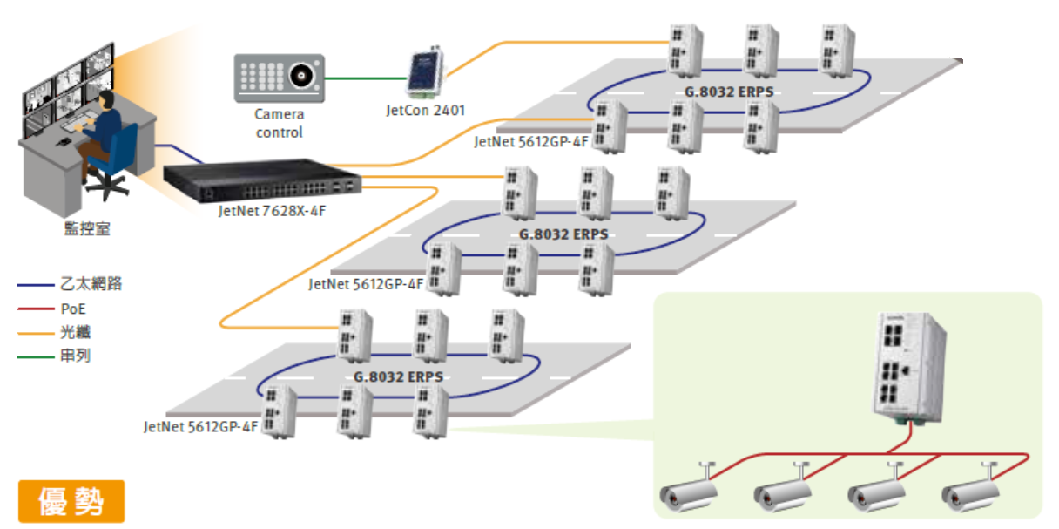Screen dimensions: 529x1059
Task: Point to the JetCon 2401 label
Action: (x=426, y=111)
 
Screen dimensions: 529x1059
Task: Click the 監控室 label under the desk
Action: (x=87, y=229)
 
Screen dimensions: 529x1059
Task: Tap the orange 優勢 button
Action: (x=71, y=501)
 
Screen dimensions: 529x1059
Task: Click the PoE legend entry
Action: (x=74, y=309)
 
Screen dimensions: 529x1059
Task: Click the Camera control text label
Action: (x=279, y=123)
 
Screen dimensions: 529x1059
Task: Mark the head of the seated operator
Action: (x=105, y=98)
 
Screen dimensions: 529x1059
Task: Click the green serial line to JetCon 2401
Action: (x=366, y=78)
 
